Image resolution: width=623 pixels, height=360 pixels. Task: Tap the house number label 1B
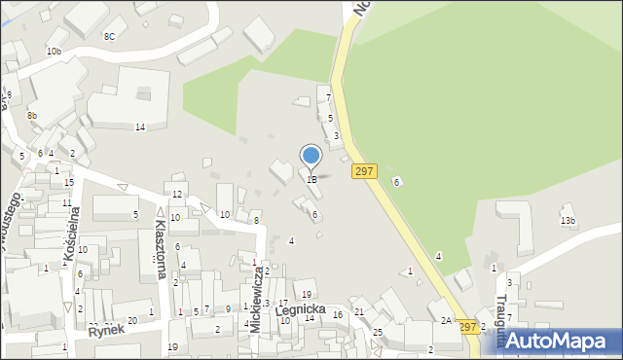tap(311, 179)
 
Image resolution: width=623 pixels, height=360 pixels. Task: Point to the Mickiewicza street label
tap(255, 301)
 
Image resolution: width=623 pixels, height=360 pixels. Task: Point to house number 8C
tap(109, 36)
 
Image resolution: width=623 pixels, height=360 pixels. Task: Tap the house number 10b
tap(54, 51)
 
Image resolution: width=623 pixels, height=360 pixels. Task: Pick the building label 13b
tap(568, 221)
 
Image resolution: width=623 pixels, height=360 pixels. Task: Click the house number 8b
tap(32, 116)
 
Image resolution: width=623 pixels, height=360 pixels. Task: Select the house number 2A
tap(446, 320)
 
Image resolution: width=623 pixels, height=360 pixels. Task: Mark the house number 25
tap(378, 333)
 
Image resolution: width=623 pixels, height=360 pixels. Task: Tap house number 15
tap(68, 182)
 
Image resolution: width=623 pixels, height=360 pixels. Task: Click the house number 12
tap(177, 195)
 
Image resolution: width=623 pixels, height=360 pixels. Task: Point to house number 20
tap(131, 320)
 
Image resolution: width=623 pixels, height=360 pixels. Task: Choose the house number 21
tap(359, 311)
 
